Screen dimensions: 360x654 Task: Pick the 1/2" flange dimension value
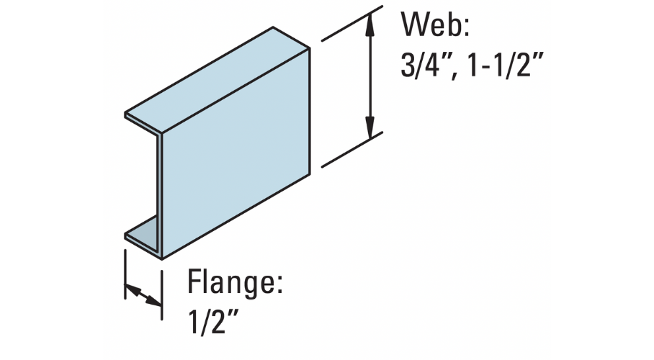point(212,321)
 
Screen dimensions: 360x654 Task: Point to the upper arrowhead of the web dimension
point(369,22)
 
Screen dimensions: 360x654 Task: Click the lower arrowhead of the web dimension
point(369,129)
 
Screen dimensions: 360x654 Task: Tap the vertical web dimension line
point(369,76)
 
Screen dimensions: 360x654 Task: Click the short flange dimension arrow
point(143,294)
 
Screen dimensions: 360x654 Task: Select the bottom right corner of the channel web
point(310,175)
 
